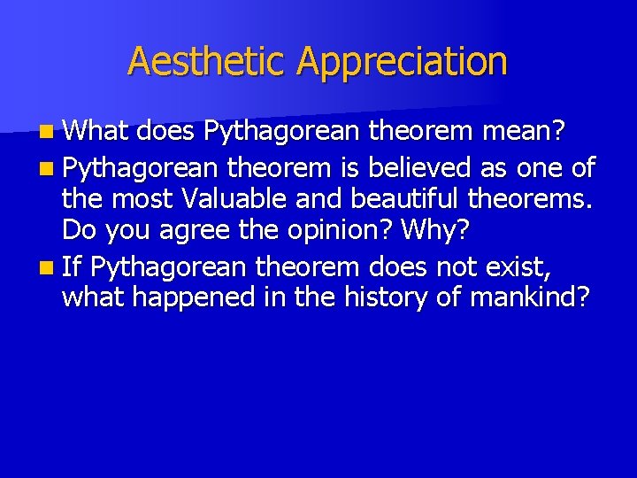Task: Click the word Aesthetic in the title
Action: tap(208, 62)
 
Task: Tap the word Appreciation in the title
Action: tap(402, 62)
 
